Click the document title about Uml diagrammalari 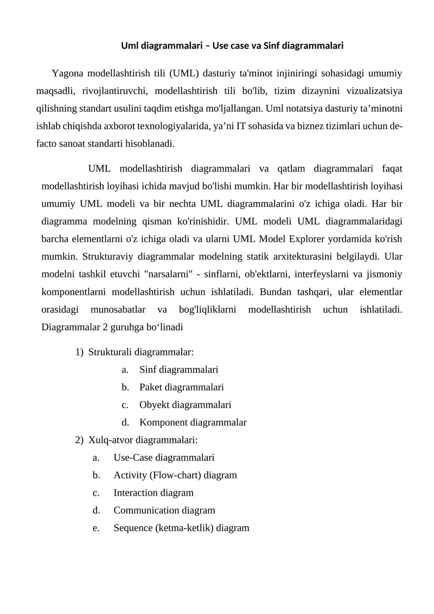(x=232, y=46)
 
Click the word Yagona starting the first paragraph (x=68, y=73)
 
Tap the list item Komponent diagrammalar (x=193, y=422)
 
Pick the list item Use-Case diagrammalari (x=164, y=458)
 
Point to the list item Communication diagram (x=164, y=510)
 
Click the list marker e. (x=96, y=528)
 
